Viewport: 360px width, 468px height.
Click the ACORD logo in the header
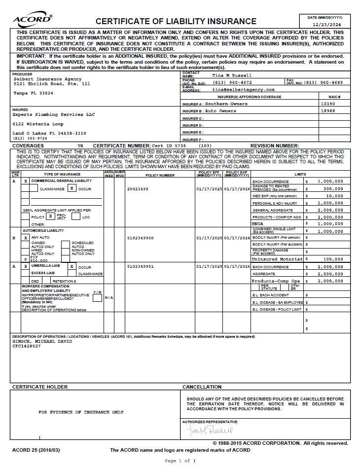32,20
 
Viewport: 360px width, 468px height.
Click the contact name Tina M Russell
232,75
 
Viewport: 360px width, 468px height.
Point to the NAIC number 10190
327,104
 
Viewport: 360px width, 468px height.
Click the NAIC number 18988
327,111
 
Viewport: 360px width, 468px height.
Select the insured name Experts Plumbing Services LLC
53,114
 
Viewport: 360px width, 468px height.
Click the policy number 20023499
137,189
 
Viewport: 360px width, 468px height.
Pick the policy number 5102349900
141,238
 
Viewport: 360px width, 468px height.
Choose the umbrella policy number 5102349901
141,266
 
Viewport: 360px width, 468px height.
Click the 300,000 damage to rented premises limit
333,189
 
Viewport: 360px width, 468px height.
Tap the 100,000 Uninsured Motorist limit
333,259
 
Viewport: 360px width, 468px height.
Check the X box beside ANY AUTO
25,238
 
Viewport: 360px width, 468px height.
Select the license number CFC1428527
26,346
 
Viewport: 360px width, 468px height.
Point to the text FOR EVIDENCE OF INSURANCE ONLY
81,412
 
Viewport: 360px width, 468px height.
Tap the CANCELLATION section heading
202,387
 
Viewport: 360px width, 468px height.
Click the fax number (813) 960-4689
323,82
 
